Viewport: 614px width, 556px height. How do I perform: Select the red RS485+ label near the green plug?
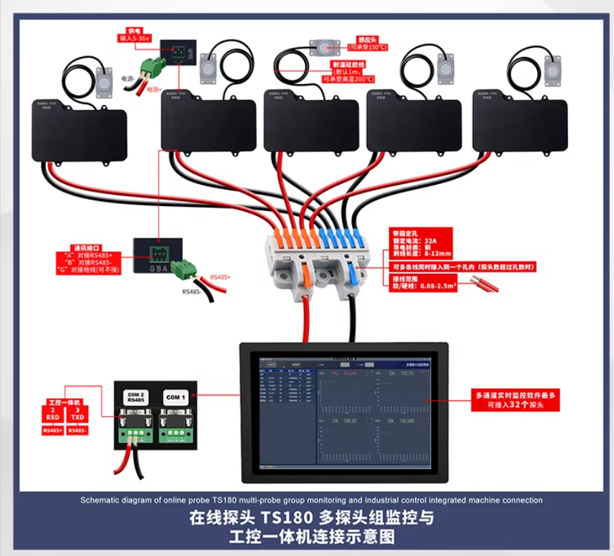[219, 277]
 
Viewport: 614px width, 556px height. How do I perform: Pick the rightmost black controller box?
[519, 126]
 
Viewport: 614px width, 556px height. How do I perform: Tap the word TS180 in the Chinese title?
[293, 517]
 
